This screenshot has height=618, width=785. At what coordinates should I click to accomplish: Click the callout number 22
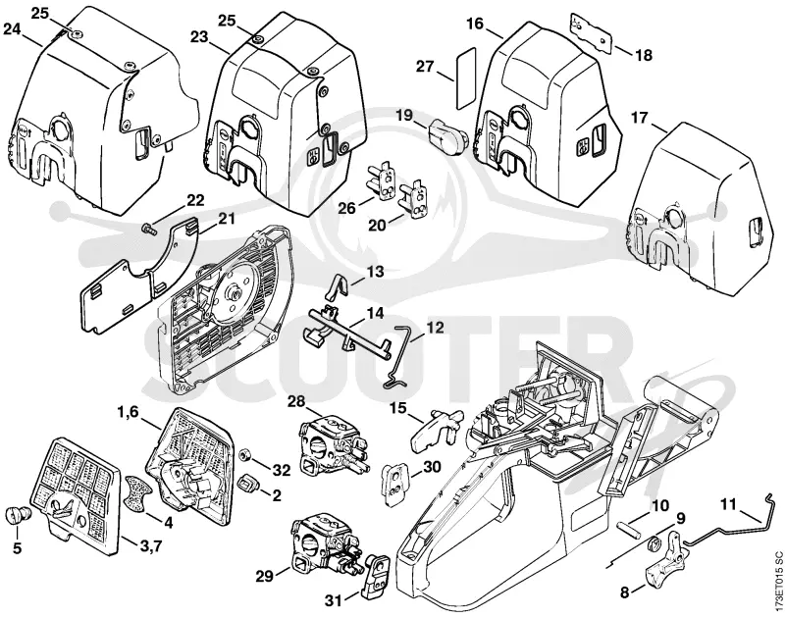point(195,201)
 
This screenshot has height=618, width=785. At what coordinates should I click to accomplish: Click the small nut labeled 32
point(246,455)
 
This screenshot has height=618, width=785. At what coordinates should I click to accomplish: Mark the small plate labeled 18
point(592,31)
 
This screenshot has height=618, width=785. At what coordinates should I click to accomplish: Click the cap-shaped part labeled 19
point(447,132)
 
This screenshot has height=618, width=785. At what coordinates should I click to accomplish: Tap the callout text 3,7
point(150,545)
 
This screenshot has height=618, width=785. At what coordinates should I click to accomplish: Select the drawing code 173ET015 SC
point(777,581)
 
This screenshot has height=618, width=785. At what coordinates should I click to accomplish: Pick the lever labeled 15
point(438,426)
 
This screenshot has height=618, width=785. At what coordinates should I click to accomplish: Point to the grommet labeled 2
point(248,483)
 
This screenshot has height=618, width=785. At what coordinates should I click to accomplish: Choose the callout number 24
point(12,28)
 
